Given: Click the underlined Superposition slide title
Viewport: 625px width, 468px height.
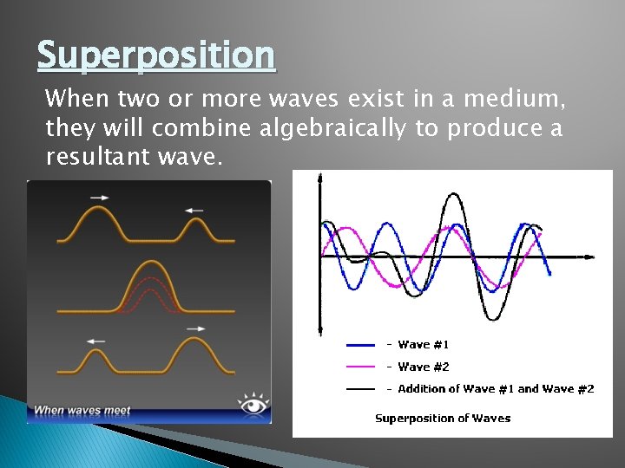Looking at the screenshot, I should (156, 56).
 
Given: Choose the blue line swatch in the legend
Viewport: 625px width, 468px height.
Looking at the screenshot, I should (360, 345).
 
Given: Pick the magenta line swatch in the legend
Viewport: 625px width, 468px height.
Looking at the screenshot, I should (360, 367).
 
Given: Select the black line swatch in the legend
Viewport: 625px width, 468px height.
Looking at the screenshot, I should (360, 389).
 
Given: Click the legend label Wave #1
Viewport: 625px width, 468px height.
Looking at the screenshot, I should (423, 345).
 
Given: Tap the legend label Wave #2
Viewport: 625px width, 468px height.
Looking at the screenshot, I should (423, 367).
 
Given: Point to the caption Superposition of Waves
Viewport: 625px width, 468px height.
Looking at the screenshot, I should (443, 419).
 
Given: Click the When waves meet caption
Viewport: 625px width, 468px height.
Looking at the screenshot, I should (82, 410).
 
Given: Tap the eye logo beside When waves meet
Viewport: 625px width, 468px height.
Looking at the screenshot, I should (254, 404).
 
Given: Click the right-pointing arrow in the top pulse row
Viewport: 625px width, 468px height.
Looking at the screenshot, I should (99, 198).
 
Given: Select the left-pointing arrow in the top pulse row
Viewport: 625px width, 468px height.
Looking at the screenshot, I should (194, 210).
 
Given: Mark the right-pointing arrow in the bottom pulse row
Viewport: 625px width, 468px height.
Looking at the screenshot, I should (196, 328).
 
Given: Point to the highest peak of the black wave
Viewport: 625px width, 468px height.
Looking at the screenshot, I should (452, 195).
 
